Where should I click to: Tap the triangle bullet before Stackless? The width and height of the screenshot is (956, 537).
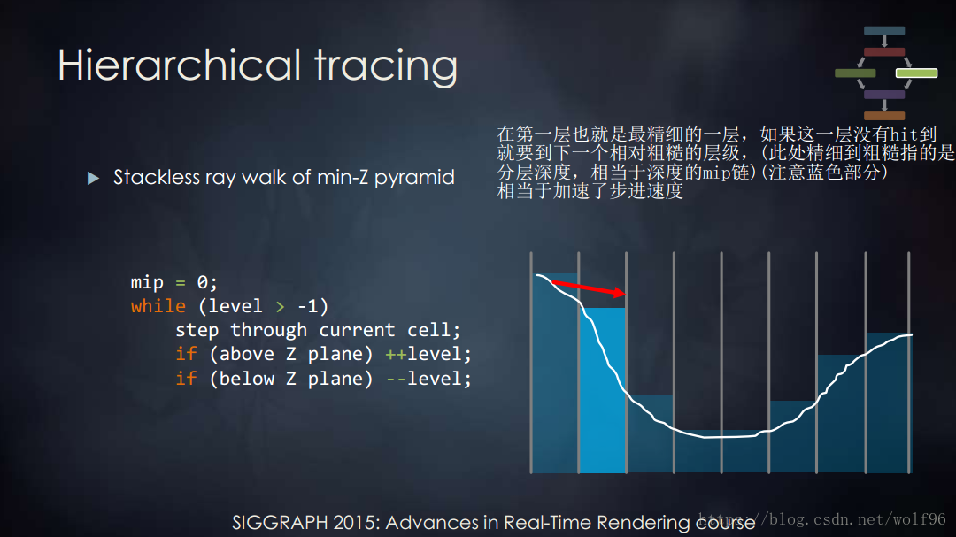[94, 179]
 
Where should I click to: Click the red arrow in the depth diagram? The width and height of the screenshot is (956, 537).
[590, 289]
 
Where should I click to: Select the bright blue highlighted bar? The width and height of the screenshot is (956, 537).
[602, 389]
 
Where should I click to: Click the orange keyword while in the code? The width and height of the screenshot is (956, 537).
[158, 306]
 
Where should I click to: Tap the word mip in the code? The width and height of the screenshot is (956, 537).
[147, 282]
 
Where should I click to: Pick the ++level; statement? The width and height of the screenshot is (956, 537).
[428, 354]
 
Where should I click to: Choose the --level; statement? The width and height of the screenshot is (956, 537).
[428, 379]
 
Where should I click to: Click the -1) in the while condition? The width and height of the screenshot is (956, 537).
[312, 306]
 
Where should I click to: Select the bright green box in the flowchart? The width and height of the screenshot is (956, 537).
[916, 73]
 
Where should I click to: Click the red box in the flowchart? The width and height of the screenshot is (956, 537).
[884, 51]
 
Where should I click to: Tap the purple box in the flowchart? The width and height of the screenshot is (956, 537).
[884, 94]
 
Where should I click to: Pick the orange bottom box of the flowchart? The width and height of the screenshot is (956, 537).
[884, 115]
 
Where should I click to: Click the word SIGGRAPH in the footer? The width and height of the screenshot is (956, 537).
[279, 522]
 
